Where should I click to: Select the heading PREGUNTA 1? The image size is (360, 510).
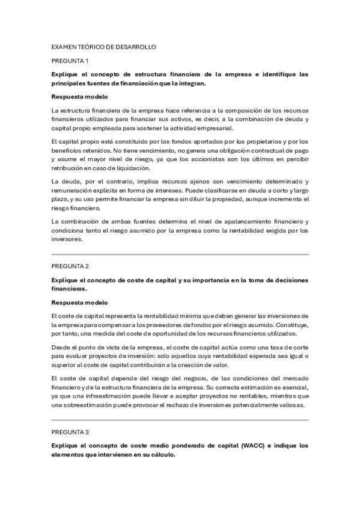tap(70, 61)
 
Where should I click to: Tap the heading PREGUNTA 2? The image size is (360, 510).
tap(70, 265)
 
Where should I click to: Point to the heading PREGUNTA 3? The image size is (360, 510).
tap(70, 432)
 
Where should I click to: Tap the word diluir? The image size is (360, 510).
tap(189, 199)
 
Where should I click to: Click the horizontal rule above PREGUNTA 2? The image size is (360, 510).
tap(180, 254)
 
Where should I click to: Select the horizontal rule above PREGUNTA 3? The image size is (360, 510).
tap(180, 420)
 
